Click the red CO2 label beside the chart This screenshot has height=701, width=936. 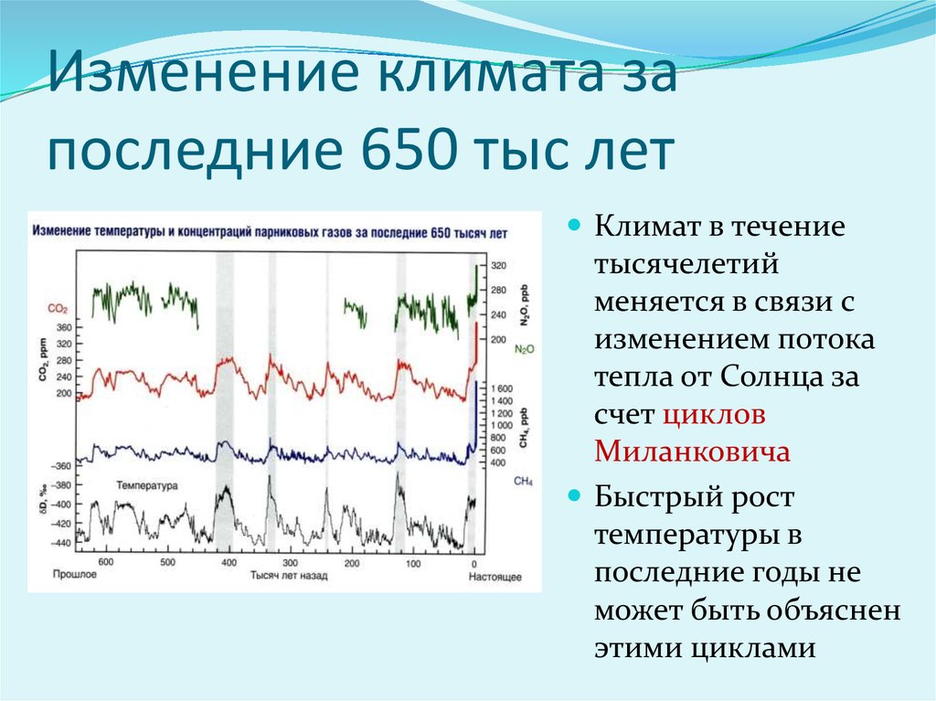click(58, 309)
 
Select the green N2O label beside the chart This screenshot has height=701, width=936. click(524, 349)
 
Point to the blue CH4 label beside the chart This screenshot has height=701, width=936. click(523, 482)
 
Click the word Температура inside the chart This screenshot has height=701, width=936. click(147, 485)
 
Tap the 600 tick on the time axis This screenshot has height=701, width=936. click(106, 562)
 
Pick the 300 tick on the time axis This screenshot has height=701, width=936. click(290, 562)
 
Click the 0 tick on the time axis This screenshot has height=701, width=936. click(474, 563)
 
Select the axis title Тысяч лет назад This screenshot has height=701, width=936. click(289, 576)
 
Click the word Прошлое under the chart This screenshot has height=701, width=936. click(75, 574)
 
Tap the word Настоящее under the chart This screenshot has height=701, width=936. click(495, 576)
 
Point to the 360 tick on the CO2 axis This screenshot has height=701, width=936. click(64, 327)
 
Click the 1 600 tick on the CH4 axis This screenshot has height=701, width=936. click(502, 388)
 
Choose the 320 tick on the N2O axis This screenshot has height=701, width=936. click(498, 266)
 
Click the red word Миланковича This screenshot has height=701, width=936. click(693, 451)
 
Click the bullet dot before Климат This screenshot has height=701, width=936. click(574, 226)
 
